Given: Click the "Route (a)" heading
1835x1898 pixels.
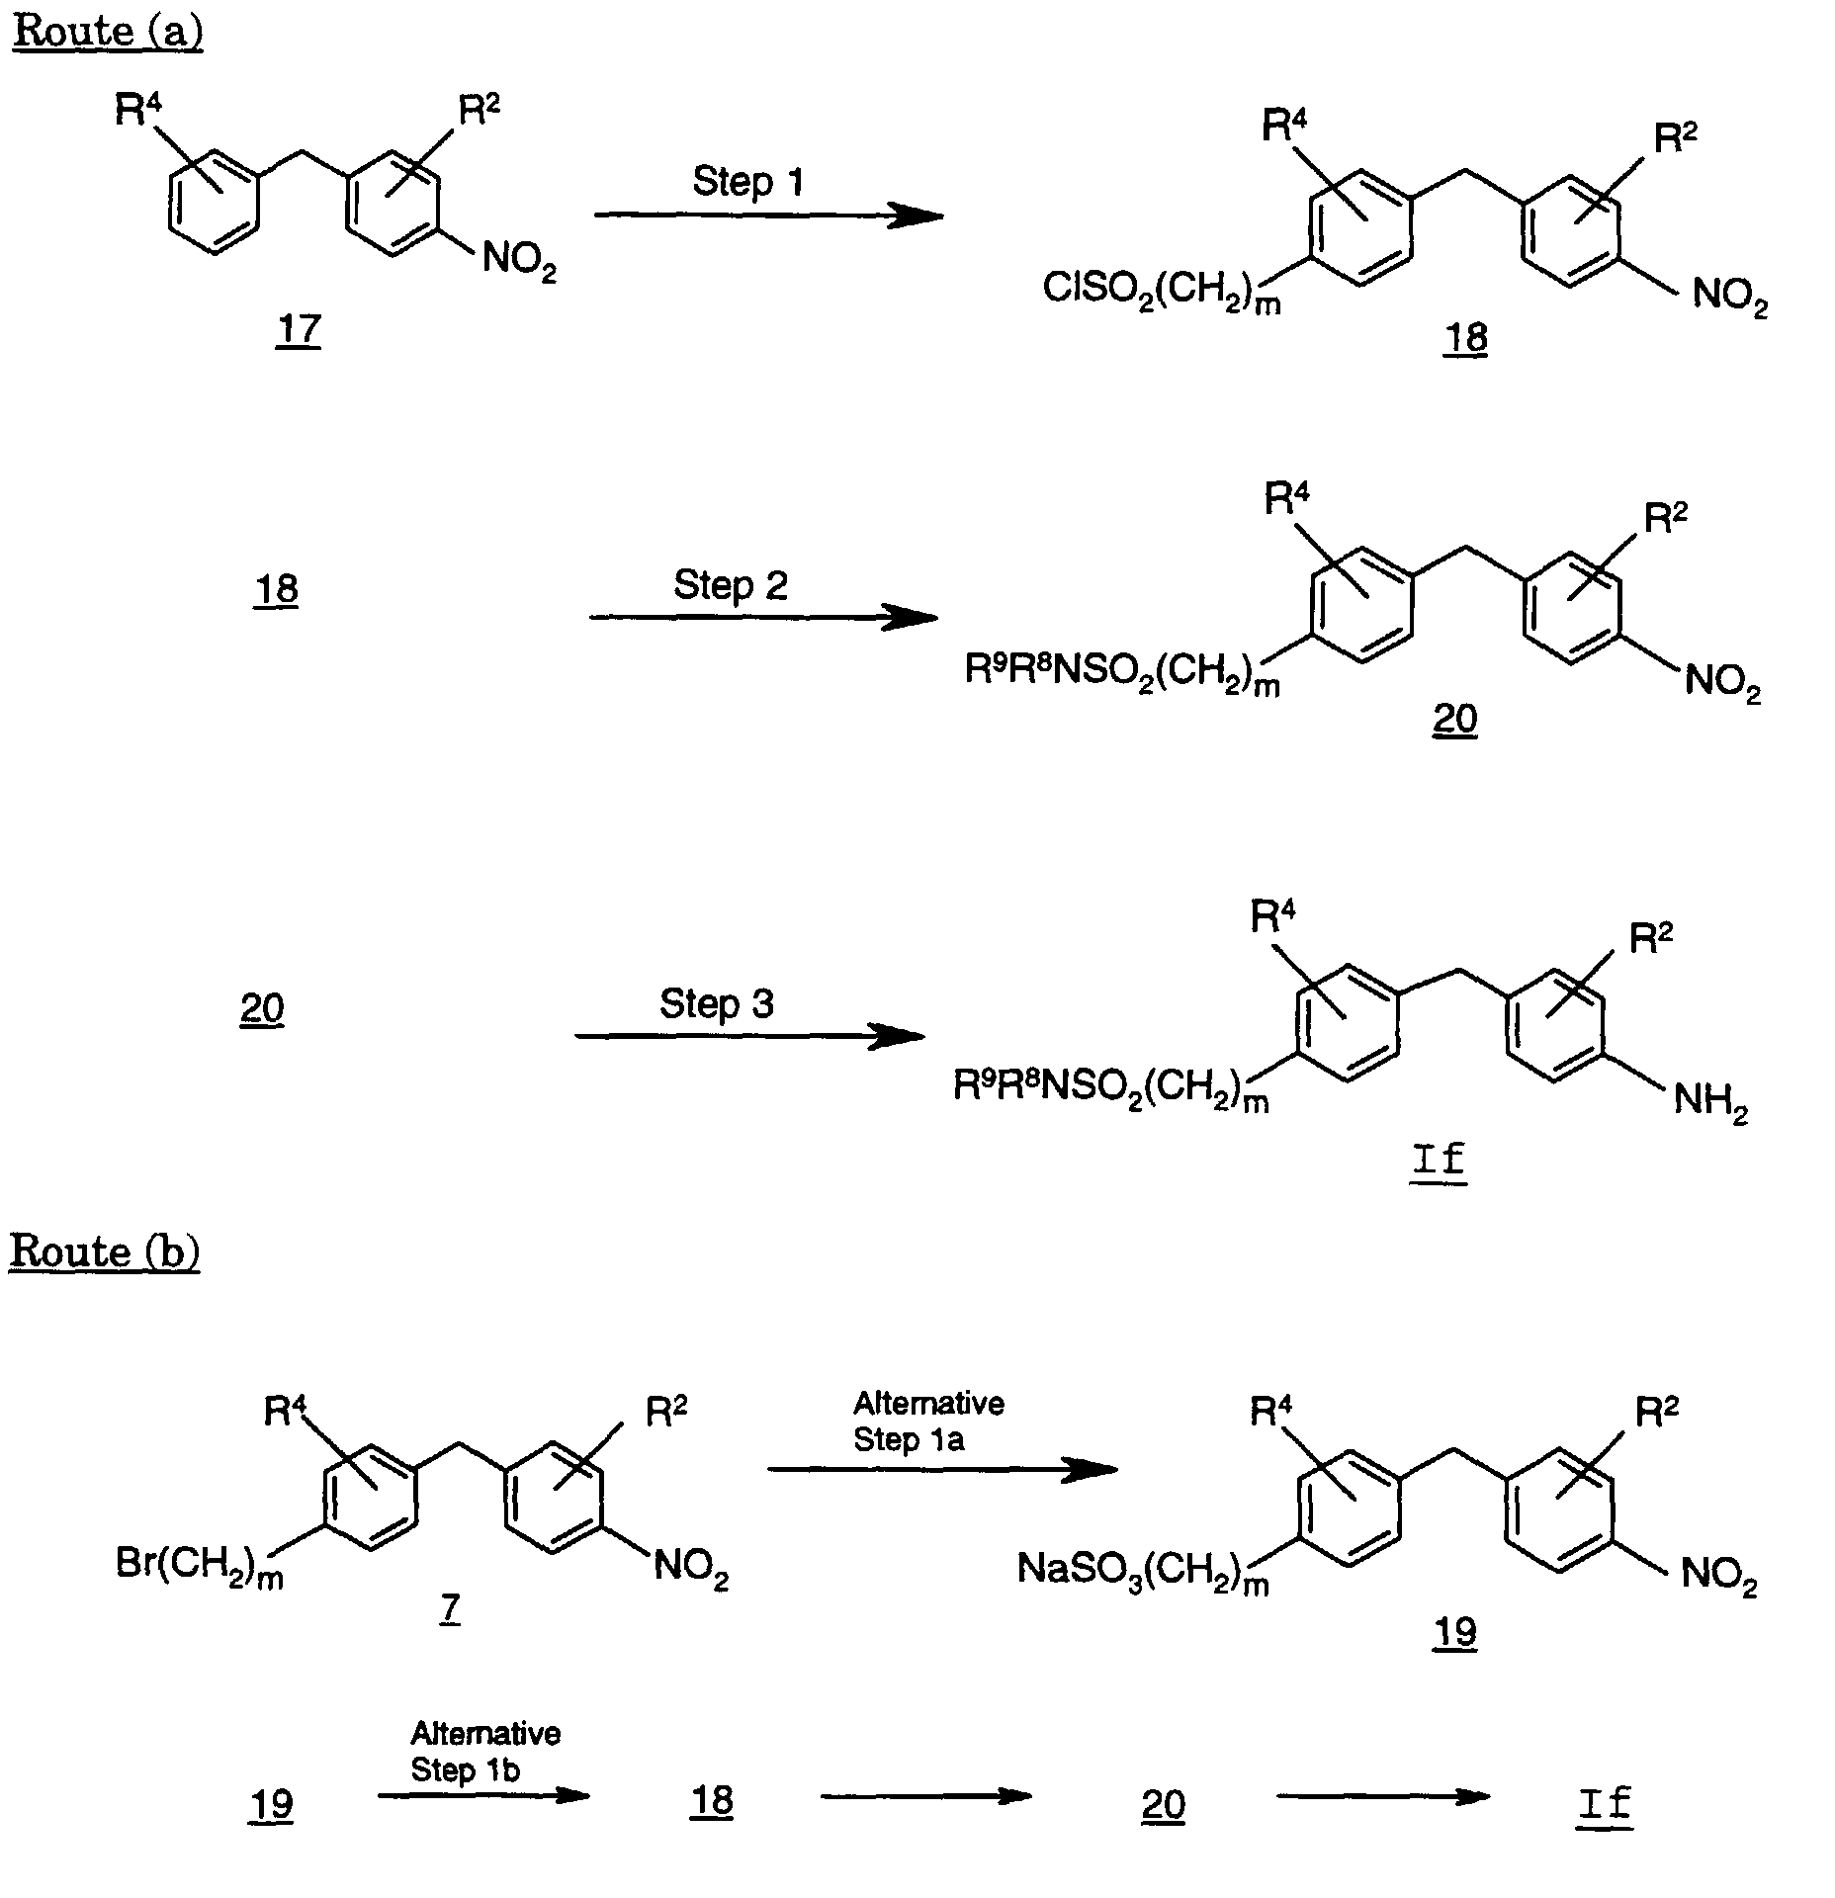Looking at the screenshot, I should (107, 32).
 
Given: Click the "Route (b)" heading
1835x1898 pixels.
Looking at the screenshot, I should (105, 1251).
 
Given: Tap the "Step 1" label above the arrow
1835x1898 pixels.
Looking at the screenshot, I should (747, 182).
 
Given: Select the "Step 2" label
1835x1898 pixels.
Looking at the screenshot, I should (731, 585).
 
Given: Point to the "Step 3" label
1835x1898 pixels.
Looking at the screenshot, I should (717, 1004).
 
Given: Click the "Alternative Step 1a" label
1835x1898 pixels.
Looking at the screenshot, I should (928, 1422).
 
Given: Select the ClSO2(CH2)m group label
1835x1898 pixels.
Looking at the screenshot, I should (1162, 292).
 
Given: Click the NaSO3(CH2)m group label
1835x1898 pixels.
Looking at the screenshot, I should (1143, 1571).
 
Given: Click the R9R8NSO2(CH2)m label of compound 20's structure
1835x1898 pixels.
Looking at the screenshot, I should (1122, 675).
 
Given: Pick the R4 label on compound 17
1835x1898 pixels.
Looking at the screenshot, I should (137, 109).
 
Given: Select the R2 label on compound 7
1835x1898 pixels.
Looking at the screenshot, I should (666, 1413).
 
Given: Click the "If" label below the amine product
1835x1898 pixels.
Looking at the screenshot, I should (1440, 1158).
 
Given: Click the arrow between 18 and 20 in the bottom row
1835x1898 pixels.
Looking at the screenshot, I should (926, 1796).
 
